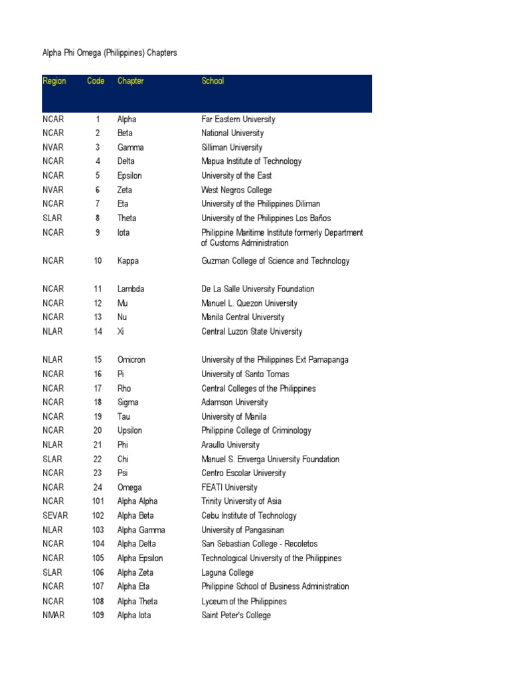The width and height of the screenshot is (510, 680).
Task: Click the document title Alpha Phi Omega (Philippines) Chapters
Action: (x=110, y=52)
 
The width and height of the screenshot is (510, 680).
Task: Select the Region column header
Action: (x=54, y=81)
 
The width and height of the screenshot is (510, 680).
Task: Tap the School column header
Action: (x=212, y=81)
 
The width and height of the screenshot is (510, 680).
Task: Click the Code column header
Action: (x=96, y=81)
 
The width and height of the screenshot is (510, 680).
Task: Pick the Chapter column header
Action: (x=130, y=81)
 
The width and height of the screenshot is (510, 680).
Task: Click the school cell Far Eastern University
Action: (x=238, y=120)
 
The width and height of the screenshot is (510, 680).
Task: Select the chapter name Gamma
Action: (x=130, y=147)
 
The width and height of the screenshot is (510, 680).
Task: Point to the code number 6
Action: (x=98, y=190)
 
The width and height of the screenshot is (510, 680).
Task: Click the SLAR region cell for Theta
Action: (x=52, y=218)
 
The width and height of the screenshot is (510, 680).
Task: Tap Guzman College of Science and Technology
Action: (x=275, y=261)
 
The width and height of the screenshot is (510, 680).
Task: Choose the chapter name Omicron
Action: (x=131, y=360)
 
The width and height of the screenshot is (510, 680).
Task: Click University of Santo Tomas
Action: (x=245, y=374)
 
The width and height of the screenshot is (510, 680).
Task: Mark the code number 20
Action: (x=98, y=430)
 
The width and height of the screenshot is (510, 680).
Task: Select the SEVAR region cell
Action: (x=55, y=515)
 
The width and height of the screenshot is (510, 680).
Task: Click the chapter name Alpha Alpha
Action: (x=137, y=501)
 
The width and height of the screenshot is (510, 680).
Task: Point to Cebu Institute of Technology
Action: (x=249, y=515)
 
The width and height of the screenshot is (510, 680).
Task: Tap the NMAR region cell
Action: (x=53, y=615)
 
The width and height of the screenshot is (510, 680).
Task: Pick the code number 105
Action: (x=98, y=558)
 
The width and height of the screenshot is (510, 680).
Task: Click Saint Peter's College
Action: (x=236, y=615)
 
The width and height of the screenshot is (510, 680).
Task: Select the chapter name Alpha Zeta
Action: (x=135, y=572)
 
